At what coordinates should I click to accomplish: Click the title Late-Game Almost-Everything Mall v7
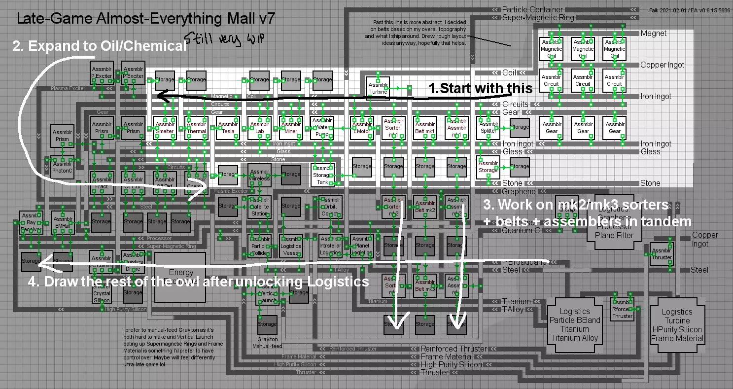pos(145,19)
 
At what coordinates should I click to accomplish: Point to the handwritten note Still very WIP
pos(224,38)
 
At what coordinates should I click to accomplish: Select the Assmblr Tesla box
pos(228,128)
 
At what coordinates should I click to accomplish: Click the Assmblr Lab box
pos(259,128)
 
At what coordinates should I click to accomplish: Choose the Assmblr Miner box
pos(291,128)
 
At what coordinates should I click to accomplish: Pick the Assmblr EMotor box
pos(362,128)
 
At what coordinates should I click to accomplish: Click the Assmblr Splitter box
pos(488,128)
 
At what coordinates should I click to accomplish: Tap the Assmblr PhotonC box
pos(63,167)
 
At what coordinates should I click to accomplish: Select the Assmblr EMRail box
pos(64,223)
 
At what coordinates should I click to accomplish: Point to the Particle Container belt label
pos(532,9)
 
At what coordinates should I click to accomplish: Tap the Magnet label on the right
pos(654,34)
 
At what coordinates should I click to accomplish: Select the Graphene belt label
pos(519,191)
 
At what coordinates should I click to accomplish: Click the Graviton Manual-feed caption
pos(268,342)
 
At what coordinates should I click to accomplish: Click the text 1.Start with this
pos(480,88)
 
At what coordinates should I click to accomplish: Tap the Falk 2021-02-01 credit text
pos(689,10)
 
